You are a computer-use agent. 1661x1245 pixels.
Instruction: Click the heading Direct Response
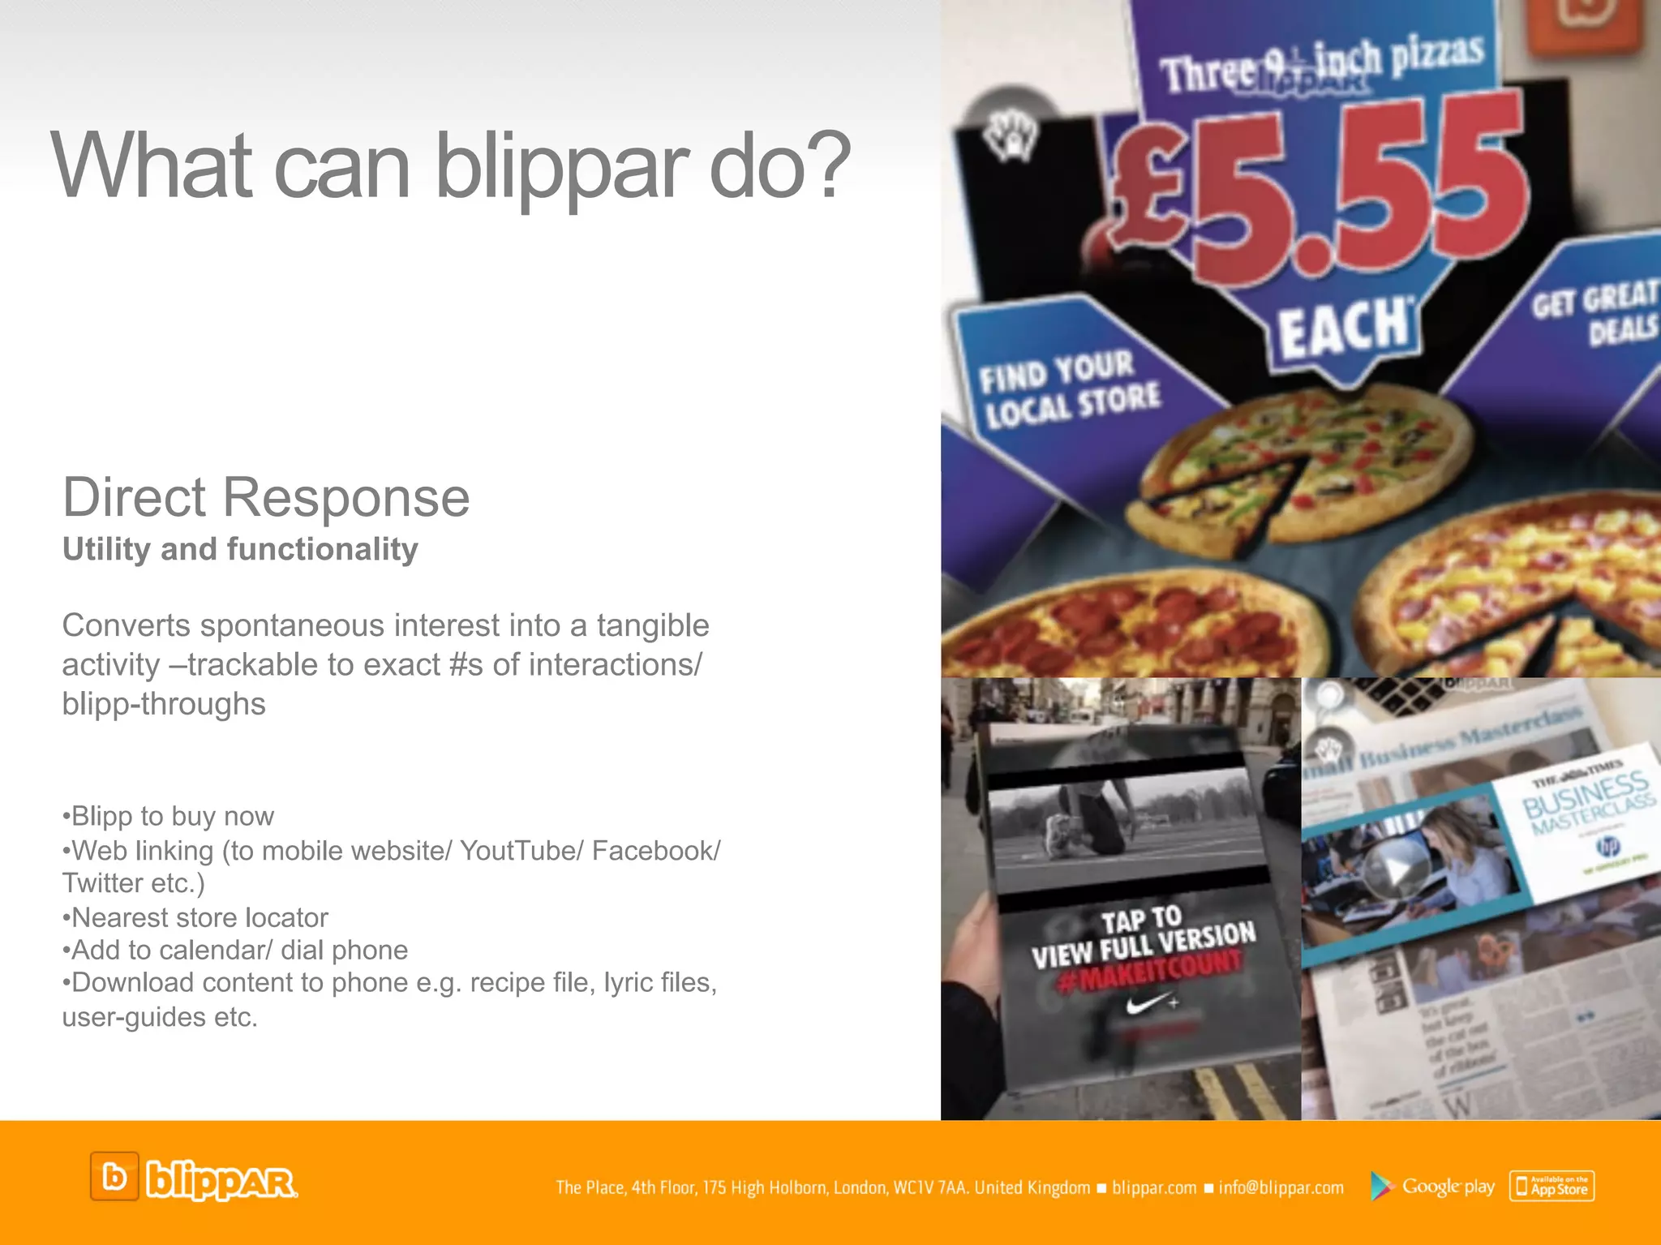pyautogui.click(x=266, y=497)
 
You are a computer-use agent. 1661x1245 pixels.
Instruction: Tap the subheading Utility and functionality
pyautogui.click(x=240, y=549)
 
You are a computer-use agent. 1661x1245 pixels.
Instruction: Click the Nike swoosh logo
pyautogui.click(x=1146, y=1006)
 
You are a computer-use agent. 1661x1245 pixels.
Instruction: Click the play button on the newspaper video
pyautogui.click(x=1393, y=871)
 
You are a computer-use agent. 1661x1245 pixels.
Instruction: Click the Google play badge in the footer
pyautogui.click(x=1432, y=1187)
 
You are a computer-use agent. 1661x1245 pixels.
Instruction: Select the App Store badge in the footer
pyautogui.click(x=1552, y=1187)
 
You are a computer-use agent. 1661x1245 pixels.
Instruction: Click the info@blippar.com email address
pyautogui.click(x=1281, y=1188)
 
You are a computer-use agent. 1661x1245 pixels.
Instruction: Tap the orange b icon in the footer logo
pyautogui.click(x=114, y=1177)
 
